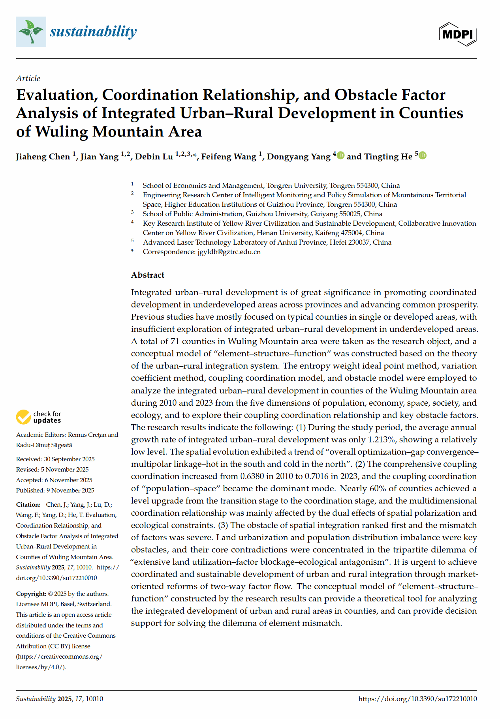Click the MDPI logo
coord(458,34)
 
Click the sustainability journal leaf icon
coord(31,32)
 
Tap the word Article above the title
coord(28,78)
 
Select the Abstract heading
coord(148,275)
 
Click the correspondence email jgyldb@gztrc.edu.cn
coord(229,252)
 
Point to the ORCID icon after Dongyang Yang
coord(340,155)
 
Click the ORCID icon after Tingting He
coord(422,155)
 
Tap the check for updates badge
coord(39,417)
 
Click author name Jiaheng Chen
coord(43,157)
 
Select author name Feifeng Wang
coord(229,157)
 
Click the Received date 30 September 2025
coord(69,459)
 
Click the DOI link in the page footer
coord(417,698)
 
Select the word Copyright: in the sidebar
coord(31,594)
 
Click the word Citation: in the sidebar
coord(28,504)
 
